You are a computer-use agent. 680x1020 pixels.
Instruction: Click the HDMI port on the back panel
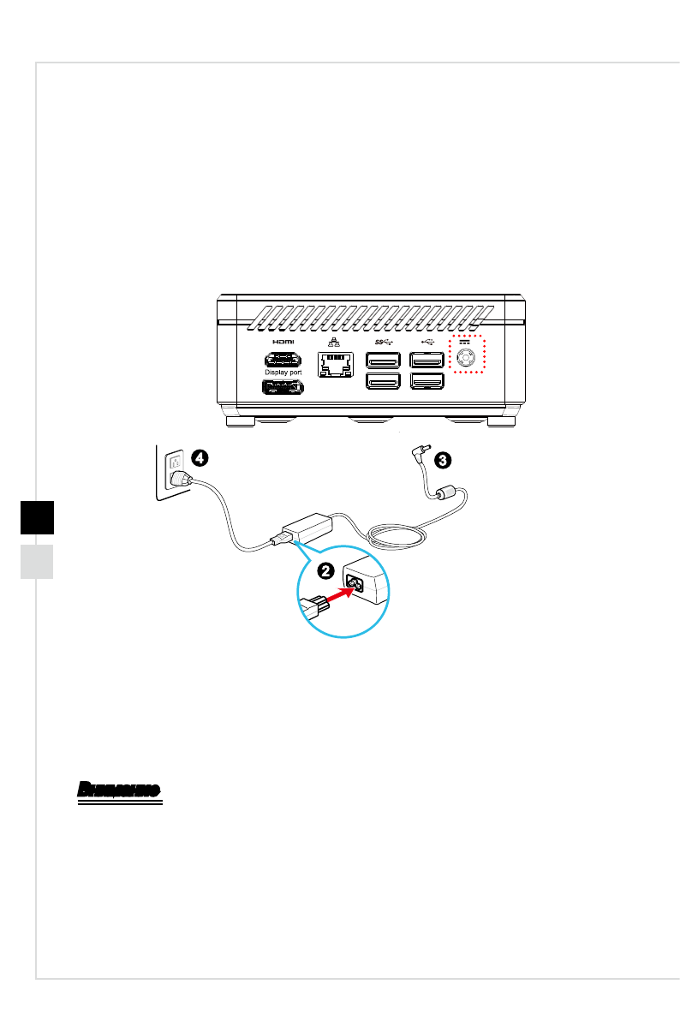point(282,360)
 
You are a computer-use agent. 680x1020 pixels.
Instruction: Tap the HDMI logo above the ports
point(282,341)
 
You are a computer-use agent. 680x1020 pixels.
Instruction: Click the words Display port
point(282,373)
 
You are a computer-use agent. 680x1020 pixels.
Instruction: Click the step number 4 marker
point(198,457)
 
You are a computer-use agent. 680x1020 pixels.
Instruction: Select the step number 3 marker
point(441,460)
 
